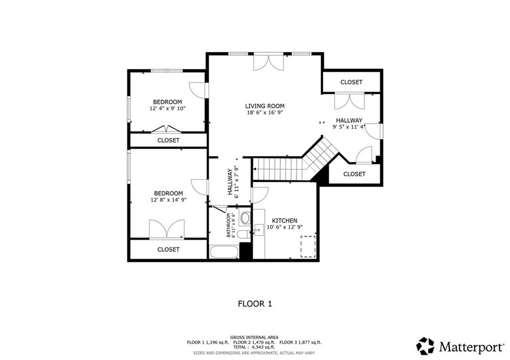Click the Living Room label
click(x=264, y=106)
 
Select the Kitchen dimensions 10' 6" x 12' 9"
click(x=284, y=227)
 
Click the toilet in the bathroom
click(x=244, y=234)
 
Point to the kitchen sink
click(x=258, y=230)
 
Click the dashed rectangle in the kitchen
click(x=308, y=246)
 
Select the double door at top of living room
click(x=268, y=63)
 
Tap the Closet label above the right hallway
click(x=351, y=82)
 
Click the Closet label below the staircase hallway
click(x=354, y=174)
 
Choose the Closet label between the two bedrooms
click(x=168, y=140)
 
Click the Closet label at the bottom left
click(x=168, y=249)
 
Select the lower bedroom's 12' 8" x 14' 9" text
click(x=168, y=200)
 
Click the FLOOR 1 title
click(x=255, y=303)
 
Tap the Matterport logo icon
click(x=425, y=346)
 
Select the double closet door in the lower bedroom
click(x=167, y=229)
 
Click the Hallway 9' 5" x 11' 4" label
click(x=349, y=126)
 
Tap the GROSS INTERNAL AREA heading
click(x=254, y=337)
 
